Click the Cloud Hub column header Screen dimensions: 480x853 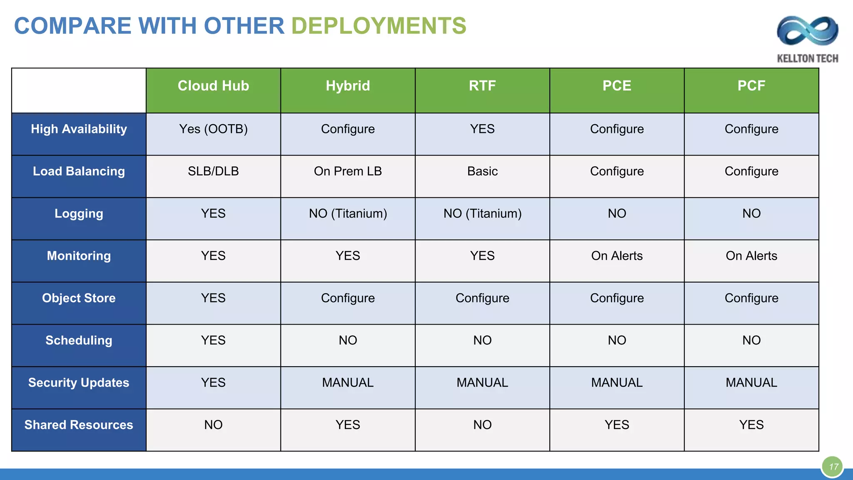(x=213, y=86)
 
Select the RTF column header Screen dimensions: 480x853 (x=482, y=86)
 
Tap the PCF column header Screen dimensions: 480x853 (x=751, y=86)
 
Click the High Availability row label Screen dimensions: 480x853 (x=79, y=129)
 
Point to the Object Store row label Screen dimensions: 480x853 (x=79, y=298)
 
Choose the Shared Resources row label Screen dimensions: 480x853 (x=79, y=425)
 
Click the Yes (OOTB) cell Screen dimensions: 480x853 (x=213, y=129)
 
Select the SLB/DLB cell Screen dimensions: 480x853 (x=213, y=171)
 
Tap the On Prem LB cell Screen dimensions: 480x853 (x=348, y=171)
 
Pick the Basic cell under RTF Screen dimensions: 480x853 (x=482, y=171)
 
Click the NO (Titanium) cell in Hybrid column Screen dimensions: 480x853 (x=348, y=214)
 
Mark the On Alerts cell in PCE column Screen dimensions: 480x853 (x=617, y=256)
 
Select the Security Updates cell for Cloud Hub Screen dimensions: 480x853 (x=213, y=382)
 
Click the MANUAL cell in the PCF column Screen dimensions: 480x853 (x=751, y=382)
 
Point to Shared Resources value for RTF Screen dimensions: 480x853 (x=482, y=425)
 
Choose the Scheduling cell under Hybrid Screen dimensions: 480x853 (x=348, y=340)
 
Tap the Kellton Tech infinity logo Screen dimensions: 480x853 (x=807, y=31)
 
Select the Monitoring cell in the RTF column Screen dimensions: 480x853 (x=482, y=256)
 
